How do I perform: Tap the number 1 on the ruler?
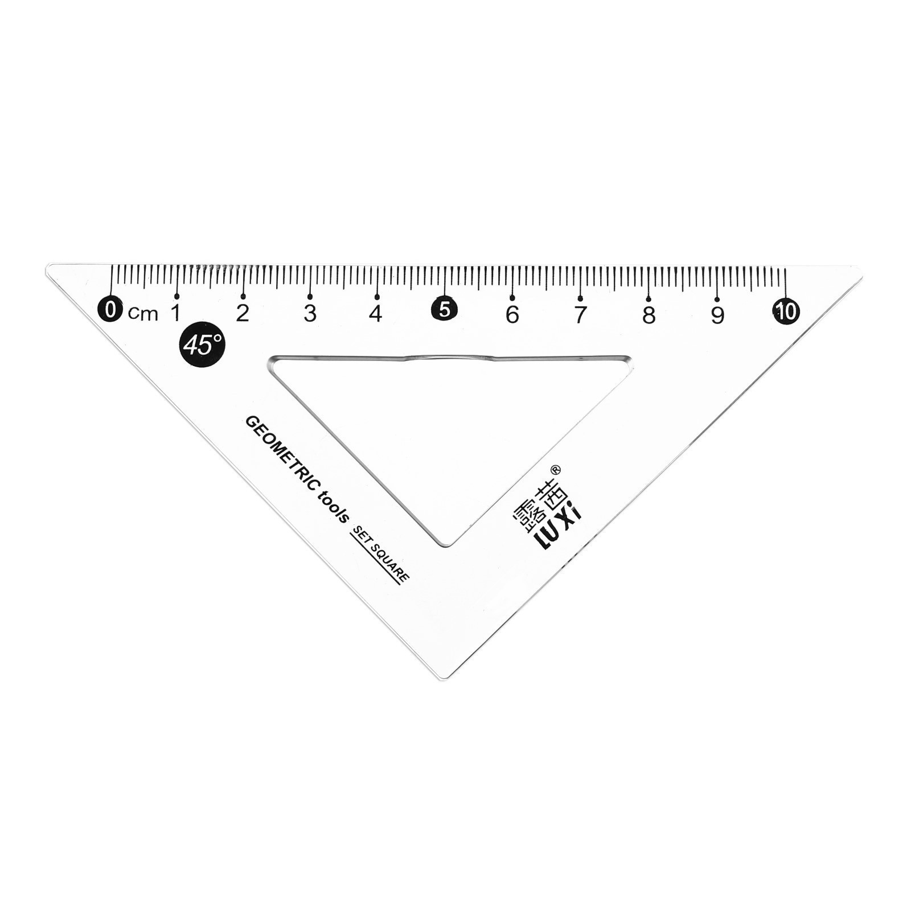tap(177, 313)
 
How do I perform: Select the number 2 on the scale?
tap(243, 313)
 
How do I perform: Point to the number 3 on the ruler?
tap(310, 313)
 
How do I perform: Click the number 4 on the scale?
tap(376, 313)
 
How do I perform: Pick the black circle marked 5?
tap(445, 310)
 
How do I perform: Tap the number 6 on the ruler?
tap(512, 314)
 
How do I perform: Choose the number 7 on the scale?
tap(580, 314)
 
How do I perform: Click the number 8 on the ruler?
tap(649, 315)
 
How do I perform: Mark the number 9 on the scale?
tap(717, 315)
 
